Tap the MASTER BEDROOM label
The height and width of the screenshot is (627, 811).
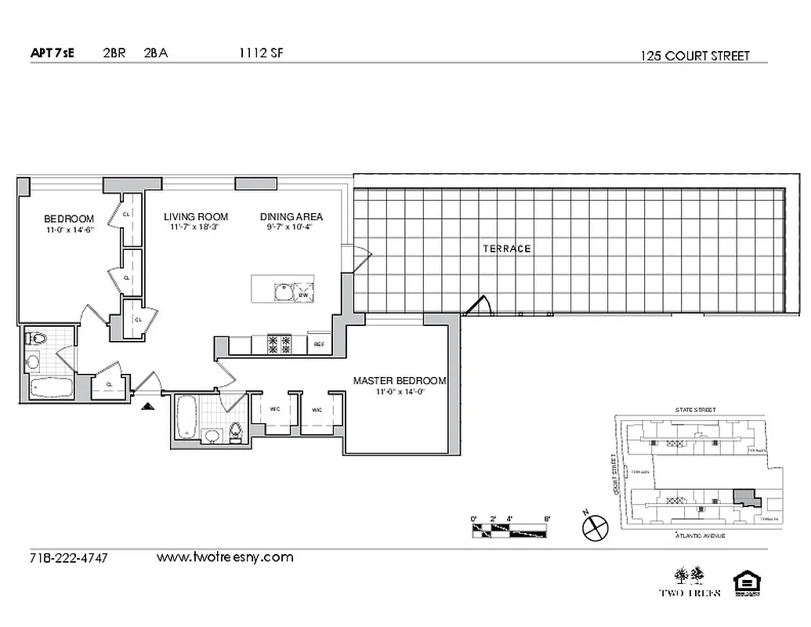coord(399,381)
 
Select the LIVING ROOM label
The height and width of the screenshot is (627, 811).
coord(195,217)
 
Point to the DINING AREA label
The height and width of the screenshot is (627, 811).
coord(291,217)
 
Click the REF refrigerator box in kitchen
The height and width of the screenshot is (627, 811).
coord(319,344)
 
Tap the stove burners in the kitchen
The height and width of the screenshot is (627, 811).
coord(280,342)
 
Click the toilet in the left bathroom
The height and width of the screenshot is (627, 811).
coord(35,339)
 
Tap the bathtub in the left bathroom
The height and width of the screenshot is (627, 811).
coord(49,387)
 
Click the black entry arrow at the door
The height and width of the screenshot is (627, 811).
coord(146,405)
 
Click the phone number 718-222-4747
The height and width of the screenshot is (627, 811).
coord(67,558)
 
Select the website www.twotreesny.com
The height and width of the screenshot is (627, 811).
coord(225,557)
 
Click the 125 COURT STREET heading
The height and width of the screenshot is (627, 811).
coord(694,56)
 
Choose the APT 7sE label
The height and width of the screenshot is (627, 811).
coord(52,54)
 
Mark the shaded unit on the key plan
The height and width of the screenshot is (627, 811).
coord(744,497)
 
